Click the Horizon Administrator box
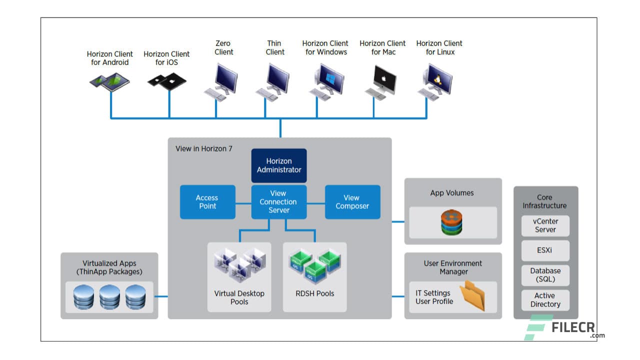coord(278,165)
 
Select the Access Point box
coord(207,202)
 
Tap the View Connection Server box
coord(278,202)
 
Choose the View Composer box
coord(352,202)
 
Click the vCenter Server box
coord(545,225)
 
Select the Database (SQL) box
coord(545,275)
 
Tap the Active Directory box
coord(545,300)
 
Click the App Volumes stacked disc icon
coord(452,222)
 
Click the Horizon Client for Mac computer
coord(382,81)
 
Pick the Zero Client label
coord(223,47)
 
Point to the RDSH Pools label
coord(314,293)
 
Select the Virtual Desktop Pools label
coord(239,297)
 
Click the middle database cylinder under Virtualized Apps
coord(109,297)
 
